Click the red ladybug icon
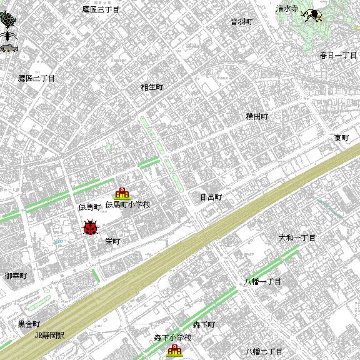coord(91,228)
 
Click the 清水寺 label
coord(287,9)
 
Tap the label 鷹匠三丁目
coord(101,9)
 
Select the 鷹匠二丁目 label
coord(36,79)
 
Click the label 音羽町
coord(241,21)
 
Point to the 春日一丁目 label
coord(338,56)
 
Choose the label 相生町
coord(152,87)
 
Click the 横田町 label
coord(257,116)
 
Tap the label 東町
coord(342,137)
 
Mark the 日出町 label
coord(211,197)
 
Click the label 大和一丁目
coord(297,238)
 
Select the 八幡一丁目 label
coord(262,282)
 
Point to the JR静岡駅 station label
coord(49,335)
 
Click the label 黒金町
coord(29,324)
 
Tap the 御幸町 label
coord(16,276)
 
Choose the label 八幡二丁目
coord(264,352)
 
